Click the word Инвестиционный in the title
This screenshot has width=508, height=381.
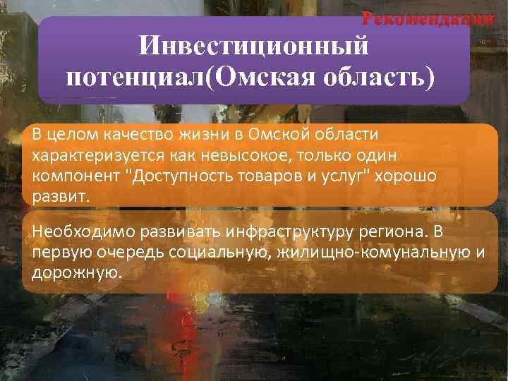coord(254,47)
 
